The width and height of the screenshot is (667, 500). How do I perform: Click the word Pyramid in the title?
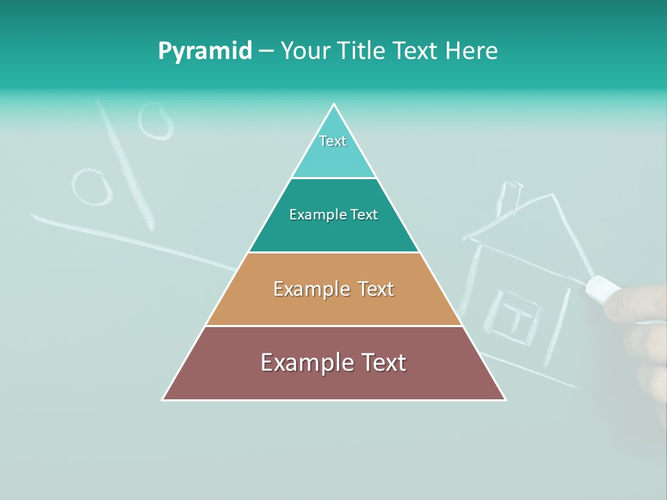coord(204,51)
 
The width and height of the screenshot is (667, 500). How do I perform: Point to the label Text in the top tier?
coord(333,141)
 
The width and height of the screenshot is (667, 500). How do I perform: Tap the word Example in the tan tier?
coord(303,289)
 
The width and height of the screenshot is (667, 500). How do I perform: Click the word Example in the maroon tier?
coord(297,362)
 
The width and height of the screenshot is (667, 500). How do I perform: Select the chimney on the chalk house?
coord(509,197)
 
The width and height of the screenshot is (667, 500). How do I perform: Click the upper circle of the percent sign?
coord(154,121)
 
